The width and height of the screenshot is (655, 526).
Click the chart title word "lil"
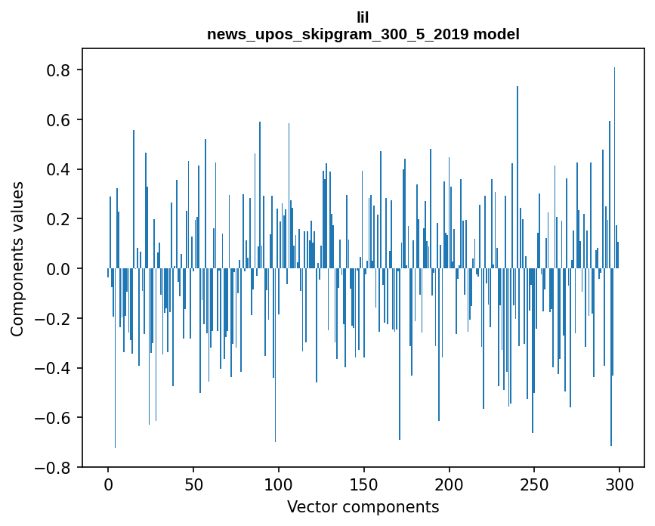click(363, 17)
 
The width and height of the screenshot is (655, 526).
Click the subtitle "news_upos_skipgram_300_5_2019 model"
click(363, 34)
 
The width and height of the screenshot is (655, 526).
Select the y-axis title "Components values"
click(17, 258)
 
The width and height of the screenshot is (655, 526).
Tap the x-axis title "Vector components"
click(363, 506)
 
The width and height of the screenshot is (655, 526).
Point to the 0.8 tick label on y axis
click(60, 70)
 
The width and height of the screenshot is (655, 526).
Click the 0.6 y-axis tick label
click(60, 120)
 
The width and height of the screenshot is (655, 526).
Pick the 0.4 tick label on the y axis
click(60, 169)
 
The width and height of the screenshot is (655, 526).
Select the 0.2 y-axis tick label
click(60, 219)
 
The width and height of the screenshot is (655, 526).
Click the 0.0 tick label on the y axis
click(60, 269)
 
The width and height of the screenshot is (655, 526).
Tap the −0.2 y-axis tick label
click(56, 319)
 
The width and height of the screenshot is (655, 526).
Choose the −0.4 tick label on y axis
click(56, 368)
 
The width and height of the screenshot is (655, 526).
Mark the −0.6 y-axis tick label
click(56, 418)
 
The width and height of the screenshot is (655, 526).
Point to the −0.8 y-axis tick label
click(56, 468)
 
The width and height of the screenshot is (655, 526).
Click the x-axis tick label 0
click(108, 484)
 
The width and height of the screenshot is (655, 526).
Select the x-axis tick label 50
click(193, 484)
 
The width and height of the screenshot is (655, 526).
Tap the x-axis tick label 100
click(279, 484)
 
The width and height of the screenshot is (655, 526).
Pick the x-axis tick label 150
click(364, 484)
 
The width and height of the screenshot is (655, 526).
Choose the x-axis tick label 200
click(450, 484)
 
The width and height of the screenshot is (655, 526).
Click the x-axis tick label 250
click(534, 484)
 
